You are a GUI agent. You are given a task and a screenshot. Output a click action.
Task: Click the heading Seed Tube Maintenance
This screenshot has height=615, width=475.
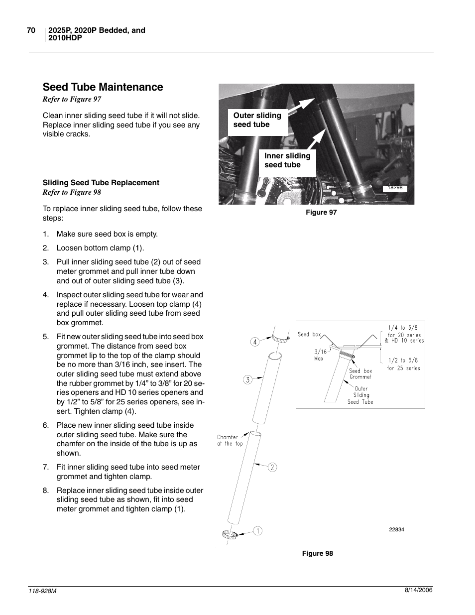103,87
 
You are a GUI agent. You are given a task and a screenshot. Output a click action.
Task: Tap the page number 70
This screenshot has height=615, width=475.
31,30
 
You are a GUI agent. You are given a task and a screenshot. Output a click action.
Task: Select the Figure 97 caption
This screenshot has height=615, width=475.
321,213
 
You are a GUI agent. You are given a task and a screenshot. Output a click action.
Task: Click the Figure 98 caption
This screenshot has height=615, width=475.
318,554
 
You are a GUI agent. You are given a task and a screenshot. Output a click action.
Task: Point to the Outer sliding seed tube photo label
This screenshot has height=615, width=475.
257,120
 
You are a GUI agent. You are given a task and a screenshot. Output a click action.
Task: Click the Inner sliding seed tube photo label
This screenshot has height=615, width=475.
287,160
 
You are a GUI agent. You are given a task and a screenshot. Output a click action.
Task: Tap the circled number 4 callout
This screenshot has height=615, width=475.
255,342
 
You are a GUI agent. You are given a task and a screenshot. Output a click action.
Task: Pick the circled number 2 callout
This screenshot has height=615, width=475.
272,467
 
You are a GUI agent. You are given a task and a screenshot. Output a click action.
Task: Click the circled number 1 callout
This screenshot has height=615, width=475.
257,531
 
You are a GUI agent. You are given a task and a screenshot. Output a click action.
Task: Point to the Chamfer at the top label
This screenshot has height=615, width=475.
230,441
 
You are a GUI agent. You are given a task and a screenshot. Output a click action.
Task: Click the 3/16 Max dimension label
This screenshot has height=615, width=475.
320,355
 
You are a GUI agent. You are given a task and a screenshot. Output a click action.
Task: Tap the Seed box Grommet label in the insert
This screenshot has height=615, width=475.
360,374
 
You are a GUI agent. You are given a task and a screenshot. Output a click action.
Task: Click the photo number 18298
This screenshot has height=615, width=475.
395,188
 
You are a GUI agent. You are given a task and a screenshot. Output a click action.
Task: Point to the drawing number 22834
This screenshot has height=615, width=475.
396,530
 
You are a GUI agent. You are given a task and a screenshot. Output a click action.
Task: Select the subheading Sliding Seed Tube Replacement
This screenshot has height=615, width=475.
101,183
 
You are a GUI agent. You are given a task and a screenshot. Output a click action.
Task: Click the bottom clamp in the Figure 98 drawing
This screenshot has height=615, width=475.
229,535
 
